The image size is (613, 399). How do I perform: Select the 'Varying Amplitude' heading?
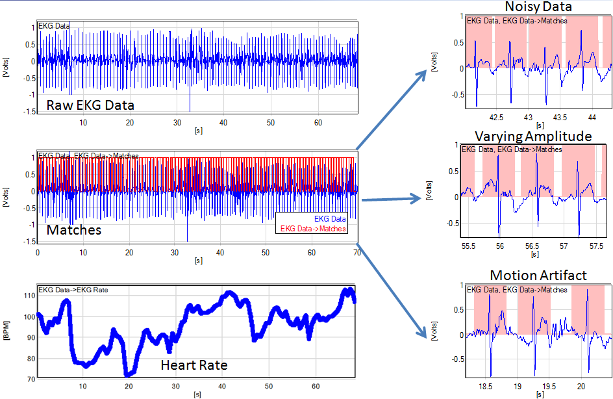[533, 136]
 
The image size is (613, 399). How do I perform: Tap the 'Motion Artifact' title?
[538, 275]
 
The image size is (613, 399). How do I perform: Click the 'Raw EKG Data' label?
[90, 105]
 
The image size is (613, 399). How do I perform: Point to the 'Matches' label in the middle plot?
[73, 229]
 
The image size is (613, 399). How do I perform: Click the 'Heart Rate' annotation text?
[194, 365]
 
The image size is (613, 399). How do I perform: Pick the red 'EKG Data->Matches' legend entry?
[312, 229]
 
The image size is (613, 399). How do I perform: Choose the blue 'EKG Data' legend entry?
[330, 219]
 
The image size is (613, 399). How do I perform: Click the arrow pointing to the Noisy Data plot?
[390, 106]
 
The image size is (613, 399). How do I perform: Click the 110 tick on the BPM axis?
[27, 295]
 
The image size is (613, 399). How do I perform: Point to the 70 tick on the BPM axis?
[29, 378]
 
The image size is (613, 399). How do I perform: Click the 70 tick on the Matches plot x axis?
[357, 253]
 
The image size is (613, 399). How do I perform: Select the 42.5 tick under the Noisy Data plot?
[496, 118]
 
